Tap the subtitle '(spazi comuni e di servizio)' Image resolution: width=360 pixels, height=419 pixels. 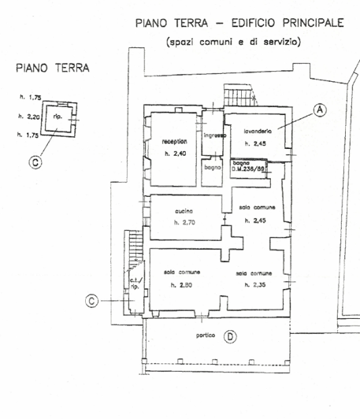click(x=233, y=43)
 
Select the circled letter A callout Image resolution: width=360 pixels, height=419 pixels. click(x=320, y=110)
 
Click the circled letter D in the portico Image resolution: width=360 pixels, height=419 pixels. click(x=230, y=336)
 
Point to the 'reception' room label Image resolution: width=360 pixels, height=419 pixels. click(x=175, y=142)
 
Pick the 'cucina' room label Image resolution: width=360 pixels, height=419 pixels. click(x=184, y=211)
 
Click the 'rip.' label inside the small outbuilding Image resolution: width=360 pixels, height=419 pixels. click(x=58, y=117)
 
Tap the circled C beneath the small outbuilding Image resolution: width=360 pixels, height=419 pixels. click(x=33, y=163)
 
